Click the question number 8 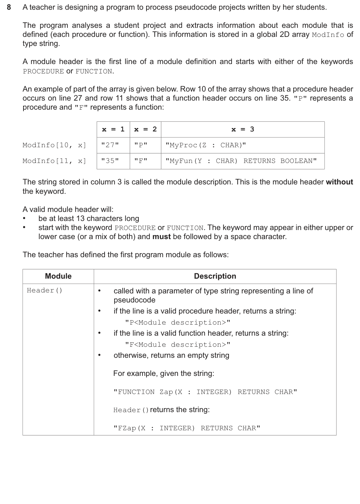pos(9,7)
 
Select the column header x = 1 pos(113,129)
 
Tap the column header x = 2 pos(145,129)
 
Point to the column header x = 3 pos(243,129)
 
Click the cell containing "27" pos(110,145)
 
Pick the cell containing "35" pos(110,161)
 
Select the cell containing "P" pos(141,145)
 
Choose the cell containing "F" pos(141,161)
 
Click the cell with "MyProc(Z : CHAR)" pos(206,145)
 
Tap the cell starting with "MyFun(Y pos(241,161)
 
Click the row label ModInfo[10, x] pos(54,145)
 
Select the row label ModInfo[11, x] pos(54,161)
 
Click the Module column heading pos(58,276)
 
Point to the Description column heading pos(215,276)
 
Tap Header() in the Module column pos(45,290)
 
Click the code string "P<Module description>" pos(178,323)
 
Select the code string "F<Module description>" pos(178,345)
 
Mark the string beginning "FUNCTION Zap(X pos(205,392)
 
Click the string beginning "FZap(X pos(187,428)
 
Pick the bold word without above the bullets pos(339,182)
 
